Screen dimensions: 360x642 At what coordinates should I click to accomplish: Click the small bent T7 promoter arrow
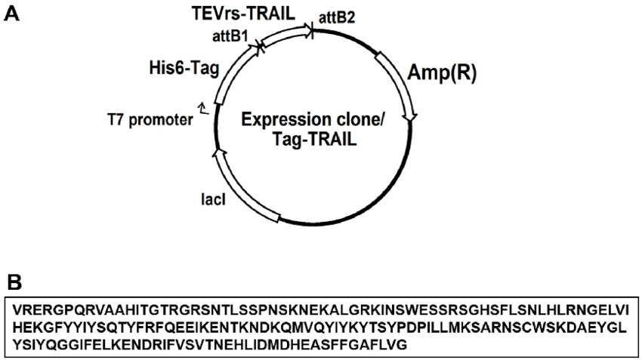point(202,109)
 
